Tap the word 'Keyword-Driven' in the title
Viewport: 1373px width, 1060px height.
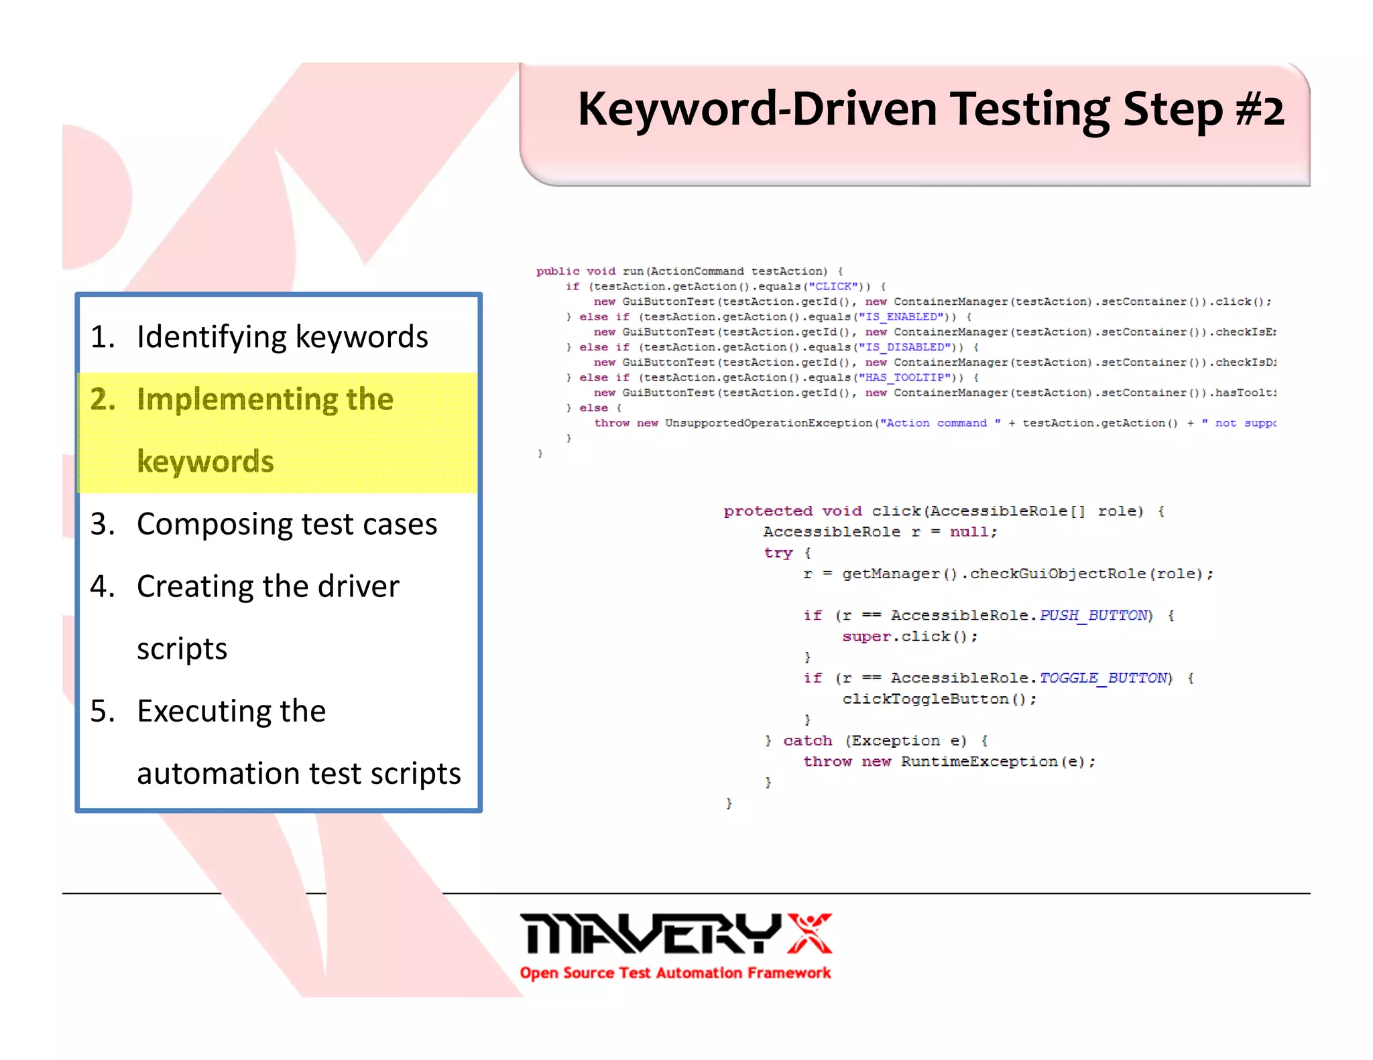(x=757, y=109)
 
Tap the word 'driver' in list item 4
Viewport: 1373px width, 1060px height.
(x=358, y=586)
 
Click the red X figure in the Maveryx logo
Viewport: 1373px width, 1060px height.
(x=809, y=933)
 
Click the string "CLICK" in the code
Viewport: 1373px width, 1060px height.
(x=833, y=287)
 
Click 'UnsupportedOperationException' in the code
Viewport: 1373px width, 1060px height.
(x=768, y=423)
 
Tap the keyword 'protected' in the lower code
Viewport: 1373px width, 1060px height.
(x=768, y=511)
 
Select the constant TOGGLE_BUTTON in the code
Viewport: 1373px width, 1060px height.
(x=1103, y=678)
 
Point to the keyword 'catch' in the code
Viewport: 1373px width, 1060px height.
(x=807, y=741)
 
